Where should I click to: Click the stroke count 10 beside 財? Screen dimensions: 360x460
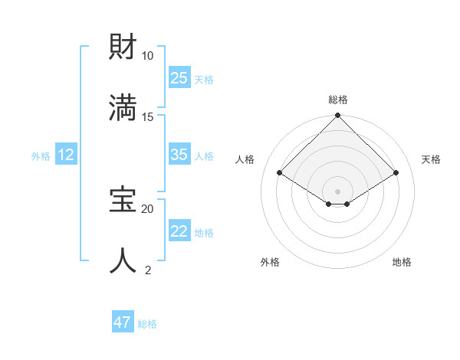148,56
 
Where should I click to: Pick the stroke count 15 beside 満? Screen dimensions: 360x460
148,116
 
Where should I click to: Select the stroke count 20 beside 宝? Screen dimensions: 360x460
148,208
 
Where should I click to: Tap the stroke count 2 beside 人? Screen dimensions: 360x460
148,270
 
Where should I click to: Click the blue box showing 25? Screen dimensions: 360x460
179,77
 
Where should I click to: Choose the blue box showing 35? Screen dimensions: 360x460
179,155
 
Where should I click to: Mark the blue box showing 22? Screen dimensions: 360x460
179,231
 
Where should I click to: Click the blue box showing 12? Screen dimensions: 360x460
66,155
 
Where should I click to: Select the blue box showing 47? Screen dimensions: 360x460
123,322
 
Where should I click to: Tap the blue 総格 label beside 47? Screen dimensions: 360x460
147,324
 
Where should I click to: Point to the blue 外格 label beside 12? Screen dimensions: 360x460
41,156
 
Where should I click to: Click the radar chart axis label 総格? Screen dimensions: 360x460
338,100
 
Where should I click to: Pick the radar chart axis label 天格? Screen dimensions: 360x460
431,159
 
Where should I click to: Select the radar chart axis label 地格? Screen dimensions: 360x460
402,262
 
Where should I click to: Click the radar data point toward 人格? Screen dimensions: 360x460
280,172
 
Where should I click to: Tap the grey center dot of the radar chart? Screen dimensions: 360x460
338,191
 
